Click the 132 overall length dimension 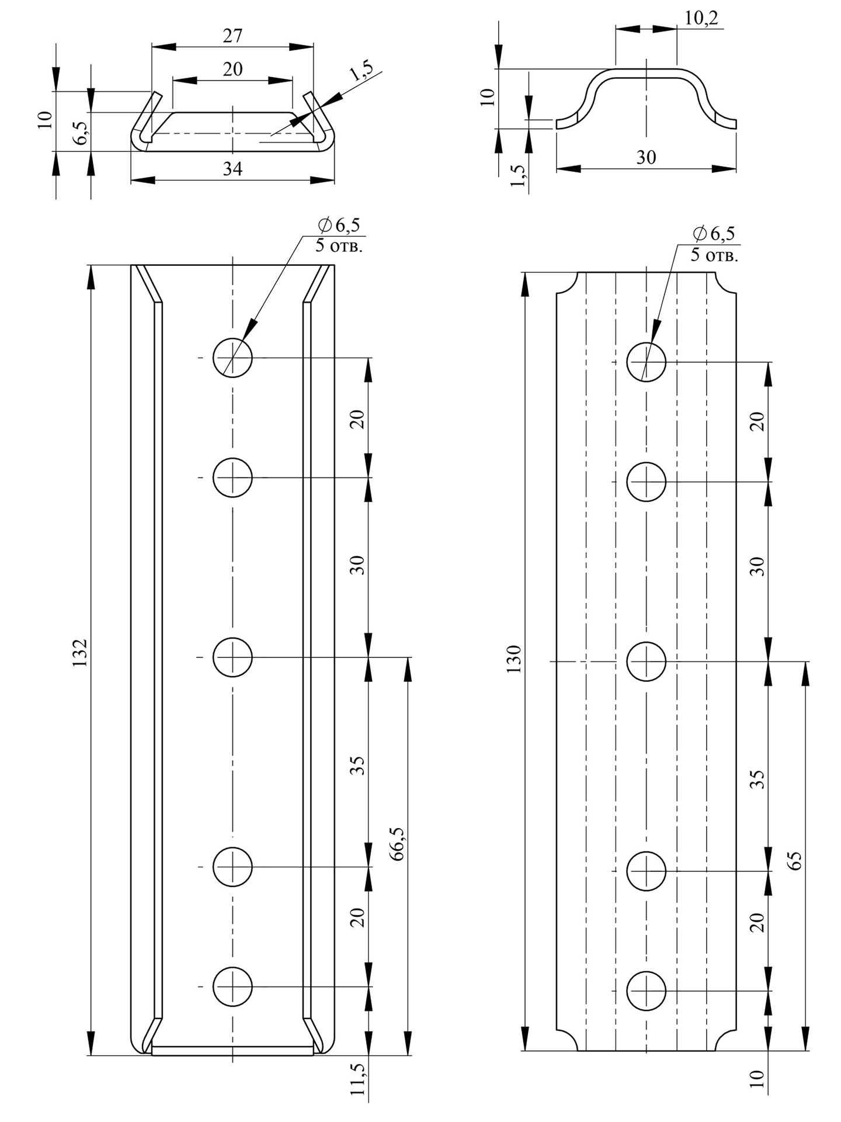[80, 653]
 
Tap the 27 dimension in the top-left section [232, 36]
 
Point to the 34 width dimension [232, 169]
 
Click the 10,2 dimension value [701, 18]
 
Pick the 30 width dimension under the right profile [646, 158]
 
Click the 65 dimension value [795, 861]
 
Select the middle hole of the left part [232, 657]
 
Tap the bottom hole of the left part [232, 987]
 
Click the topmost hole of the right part [647, 362]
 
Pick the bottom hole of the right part [647, 991]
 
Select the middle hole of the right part [647, 662]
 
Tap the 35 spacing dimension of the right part [757, 779]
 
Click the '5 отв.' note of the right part [714, 255]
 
